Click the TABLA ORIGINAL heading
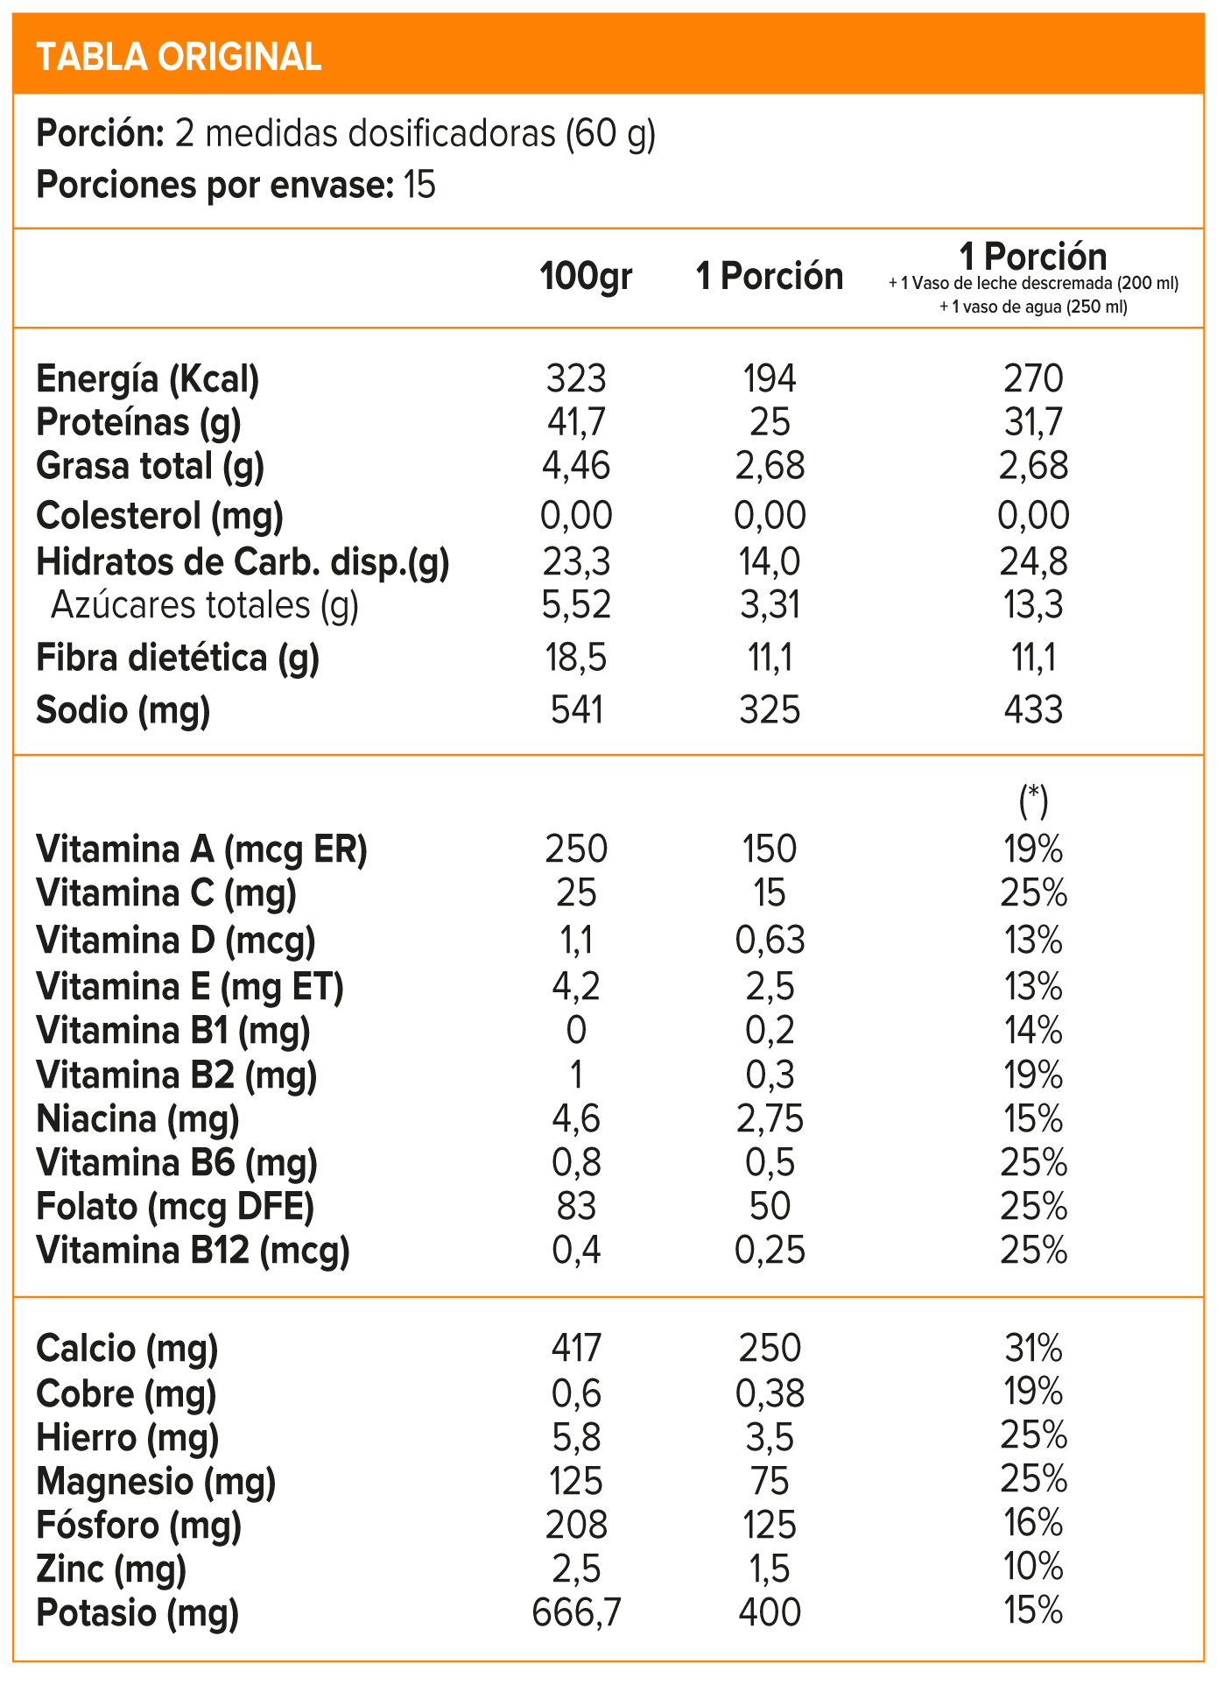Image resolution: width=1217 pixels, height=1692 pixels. point(179,57)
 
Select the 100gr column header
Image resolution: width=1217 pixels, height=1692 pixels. point(585,276)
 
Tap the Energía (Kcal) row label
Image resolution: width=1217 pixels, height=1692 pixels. point(148,379)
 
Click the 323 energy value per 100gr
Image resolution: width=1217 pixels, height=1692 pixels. point(576,379)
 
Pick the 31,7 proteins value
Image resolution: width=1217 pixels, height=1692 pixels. point(1033,422)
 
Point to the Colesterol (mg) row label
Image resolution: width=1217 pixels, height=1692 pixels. point(159,515)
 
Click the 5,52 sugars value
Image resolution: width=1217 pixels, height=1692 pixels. point(576,605)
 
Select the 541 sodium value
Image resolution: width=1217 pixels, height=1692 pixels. point(576,709)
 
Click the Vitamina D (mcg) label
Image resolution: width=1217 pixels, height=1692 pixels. point(176,940)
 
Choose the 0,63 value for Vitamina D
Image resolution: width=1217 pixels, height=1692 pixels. point(770,940)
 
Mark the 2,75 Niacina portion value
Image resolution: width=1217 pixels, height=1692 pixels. point(770,1118)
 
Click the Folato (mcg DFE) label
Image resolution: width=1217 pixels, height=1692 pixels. point(175,1207)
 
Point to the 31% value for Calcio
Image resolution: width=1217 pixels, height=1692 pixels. point(1033,1348)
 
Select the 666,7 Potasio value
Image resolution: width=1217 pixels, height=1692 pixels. point(576,1612)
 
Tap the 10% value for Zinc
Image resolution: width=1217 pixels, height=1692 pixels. point(1033,1567)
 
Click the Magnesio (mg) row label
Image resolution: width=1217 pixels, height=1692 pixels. point(156,1481)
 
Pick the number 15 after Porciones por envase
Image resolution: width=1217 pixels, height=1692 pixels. point(419,186)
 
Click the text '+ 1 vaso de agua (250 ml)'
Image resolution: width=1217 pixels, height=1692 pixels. point(1033,307)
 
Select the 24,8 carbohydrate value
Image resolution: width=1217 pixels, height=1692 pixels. point(1033,561)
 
